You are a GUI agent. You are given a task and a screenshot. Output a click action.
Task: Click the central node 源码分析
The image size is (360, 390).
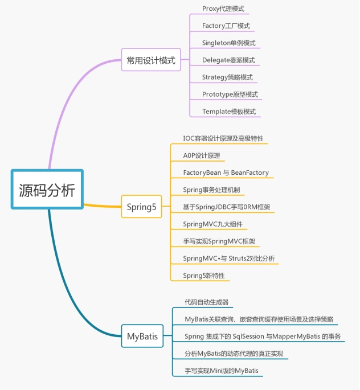pos(47,189)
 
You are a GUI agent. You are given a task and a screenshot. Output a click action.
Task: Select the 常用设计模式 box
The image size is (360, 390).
pos(151,60)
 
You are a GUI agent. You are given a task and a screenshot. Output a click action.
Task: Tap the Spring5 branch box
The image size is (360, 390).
pos(142,207)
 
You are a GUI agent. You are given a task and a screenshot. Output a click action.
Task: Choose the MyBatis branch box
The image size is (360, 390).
pos(142,336)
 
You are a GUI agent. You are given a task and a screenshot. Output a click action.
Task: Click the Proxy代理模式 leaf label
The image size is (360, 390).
pos(223,9)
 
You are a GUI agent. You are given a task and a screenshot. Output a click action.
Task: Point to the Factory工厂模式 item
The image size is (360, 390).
pos(226,26)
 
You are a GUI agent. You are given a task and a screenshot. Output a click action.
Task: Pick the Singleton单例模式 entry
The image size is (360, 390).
pos(228,43)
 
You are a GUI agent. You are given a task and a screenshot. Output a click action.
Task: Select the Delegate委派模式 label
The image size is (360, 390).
pos(228,60)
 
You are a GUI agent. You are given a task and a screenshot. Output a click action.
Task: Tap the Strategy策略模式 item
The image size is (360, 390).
pos(227,77)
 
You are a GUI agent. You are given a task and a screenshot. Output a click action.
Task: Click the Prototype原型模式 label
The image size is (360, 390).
pos(230,95)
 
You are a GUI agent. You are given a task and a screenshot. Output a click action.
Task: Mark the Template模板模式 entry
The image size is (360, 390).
pos(229,112)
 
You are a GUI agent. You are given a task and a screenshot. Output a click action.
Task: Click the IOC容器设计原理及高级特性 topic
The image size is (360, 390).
pos(223,138)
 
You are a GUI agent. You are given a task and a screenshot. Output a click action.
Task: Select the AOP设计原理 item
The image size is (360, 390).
pos(202,155)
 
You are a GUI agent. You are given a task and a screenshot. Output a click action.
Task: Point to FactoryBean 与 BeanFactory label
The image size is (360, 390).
pos(226,173)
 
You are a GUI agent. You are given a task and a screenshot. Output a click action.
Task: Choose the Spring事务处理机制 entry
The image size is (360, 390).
pos(211,190)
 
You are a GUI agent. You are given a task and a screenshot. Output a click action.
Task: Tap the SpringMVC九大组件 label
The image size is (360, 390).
pos(212,224)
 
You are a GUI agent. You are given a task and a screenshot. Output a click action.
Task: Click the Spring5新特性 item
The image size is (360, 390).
pos(204,276)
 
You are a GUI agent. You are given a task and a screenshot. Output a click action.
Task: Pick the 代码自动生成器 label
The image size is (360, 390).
pos(207,302)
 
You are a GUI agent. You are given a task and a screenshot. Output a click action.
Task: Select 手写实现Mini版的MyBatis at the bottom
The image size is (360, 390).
pos(222,371)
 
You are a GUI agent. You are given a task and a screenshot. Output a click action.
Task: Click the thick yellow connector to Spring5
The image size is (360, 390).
pos(103,206)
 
